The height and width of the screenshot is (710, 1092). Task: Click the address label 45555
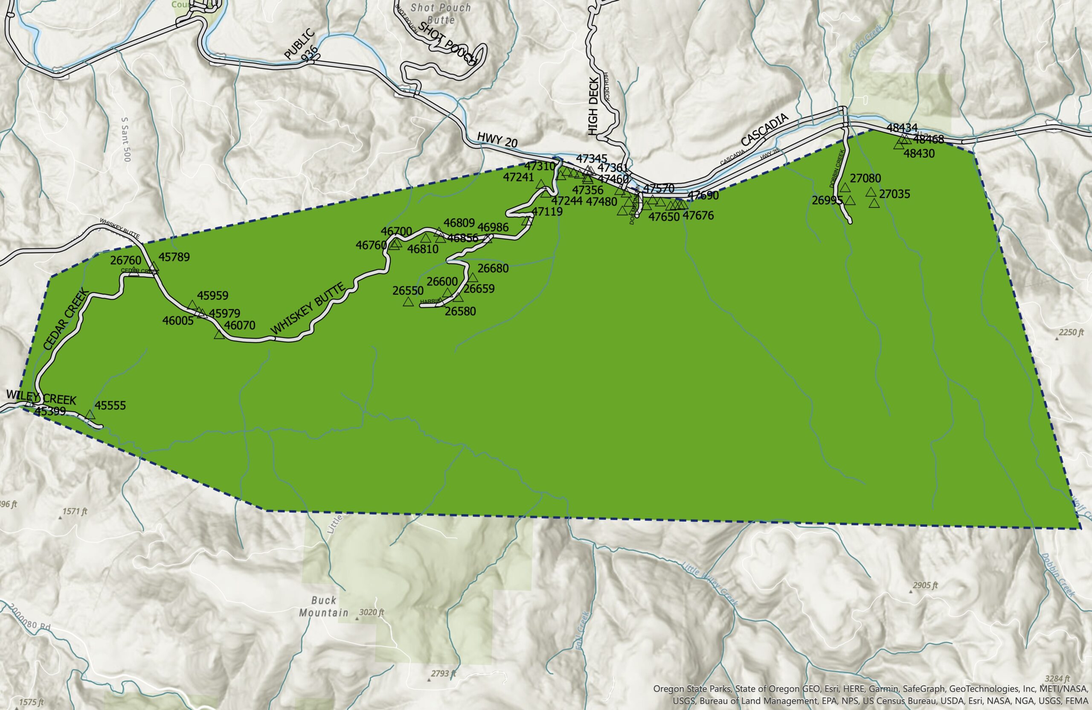coord(110,405)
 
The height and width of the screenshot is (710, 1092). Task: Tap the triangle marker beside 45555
coord(90,415)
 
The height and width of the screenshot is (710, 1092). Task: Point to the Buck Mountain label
coord(324,606)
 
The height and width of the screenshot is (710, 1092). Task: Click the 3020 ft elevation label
coord(372,612)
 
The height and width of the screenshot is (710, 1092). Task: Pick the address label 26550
coord(408,291)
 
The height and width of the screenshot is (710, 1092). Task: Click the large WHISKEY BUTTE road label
coord(308,309)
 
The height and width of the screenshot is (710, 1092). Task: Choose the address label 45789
coord(174,257)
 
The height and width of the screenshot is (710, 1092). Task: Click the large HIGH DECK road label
coord(593,106)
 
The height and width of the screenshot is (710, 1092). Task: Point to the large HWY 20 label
coord(497,140)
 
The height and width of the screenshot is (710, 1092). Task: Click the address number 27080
coord(865,178)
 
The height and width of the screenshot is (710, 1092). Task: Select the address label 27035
coord(894,194)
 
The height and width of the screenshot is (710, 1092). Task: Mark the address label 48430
coord(919,153)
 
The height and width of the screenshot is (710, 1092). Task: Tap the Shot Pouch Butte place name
coord(441,14)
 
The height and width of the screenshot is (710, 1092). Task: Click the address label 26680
coord(493,268)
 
